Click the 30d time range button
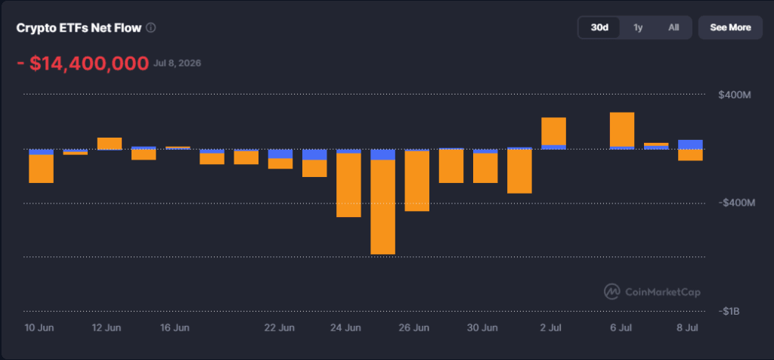(x=599, y=28)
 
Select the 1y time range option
(x=638, y=28)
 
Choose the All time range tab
(x=673, y=28)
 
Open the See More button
(x=730, y=28)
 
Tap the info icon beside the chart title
(x=151, y=28)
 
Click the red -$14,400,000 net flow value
(x=83, y=64)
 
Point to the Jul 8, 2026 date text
(x=177, y=64)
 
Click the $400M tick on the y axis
(x=735, y=95)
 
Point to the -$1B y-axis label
(x=729, y=311)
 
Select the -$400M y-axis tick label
(x=736, y=203)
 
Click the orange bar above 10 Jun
(x=41, y=169)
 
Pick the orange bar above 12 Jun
(x=110, y=143)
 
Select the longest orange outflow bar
(x=382, y=207)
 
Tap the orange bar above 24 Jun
(x=348, y=185)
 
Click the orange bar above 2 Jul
(x=554, y=132)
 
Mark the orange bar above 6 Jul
(x=622, y=129)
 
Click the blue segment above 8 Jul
(x=691, y=144)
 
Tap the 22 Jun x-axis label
(x=280, y=327)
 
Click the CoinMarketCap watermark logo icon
(x=612, y=292)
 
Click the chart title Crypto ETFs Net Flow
(x=79, y=28)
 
